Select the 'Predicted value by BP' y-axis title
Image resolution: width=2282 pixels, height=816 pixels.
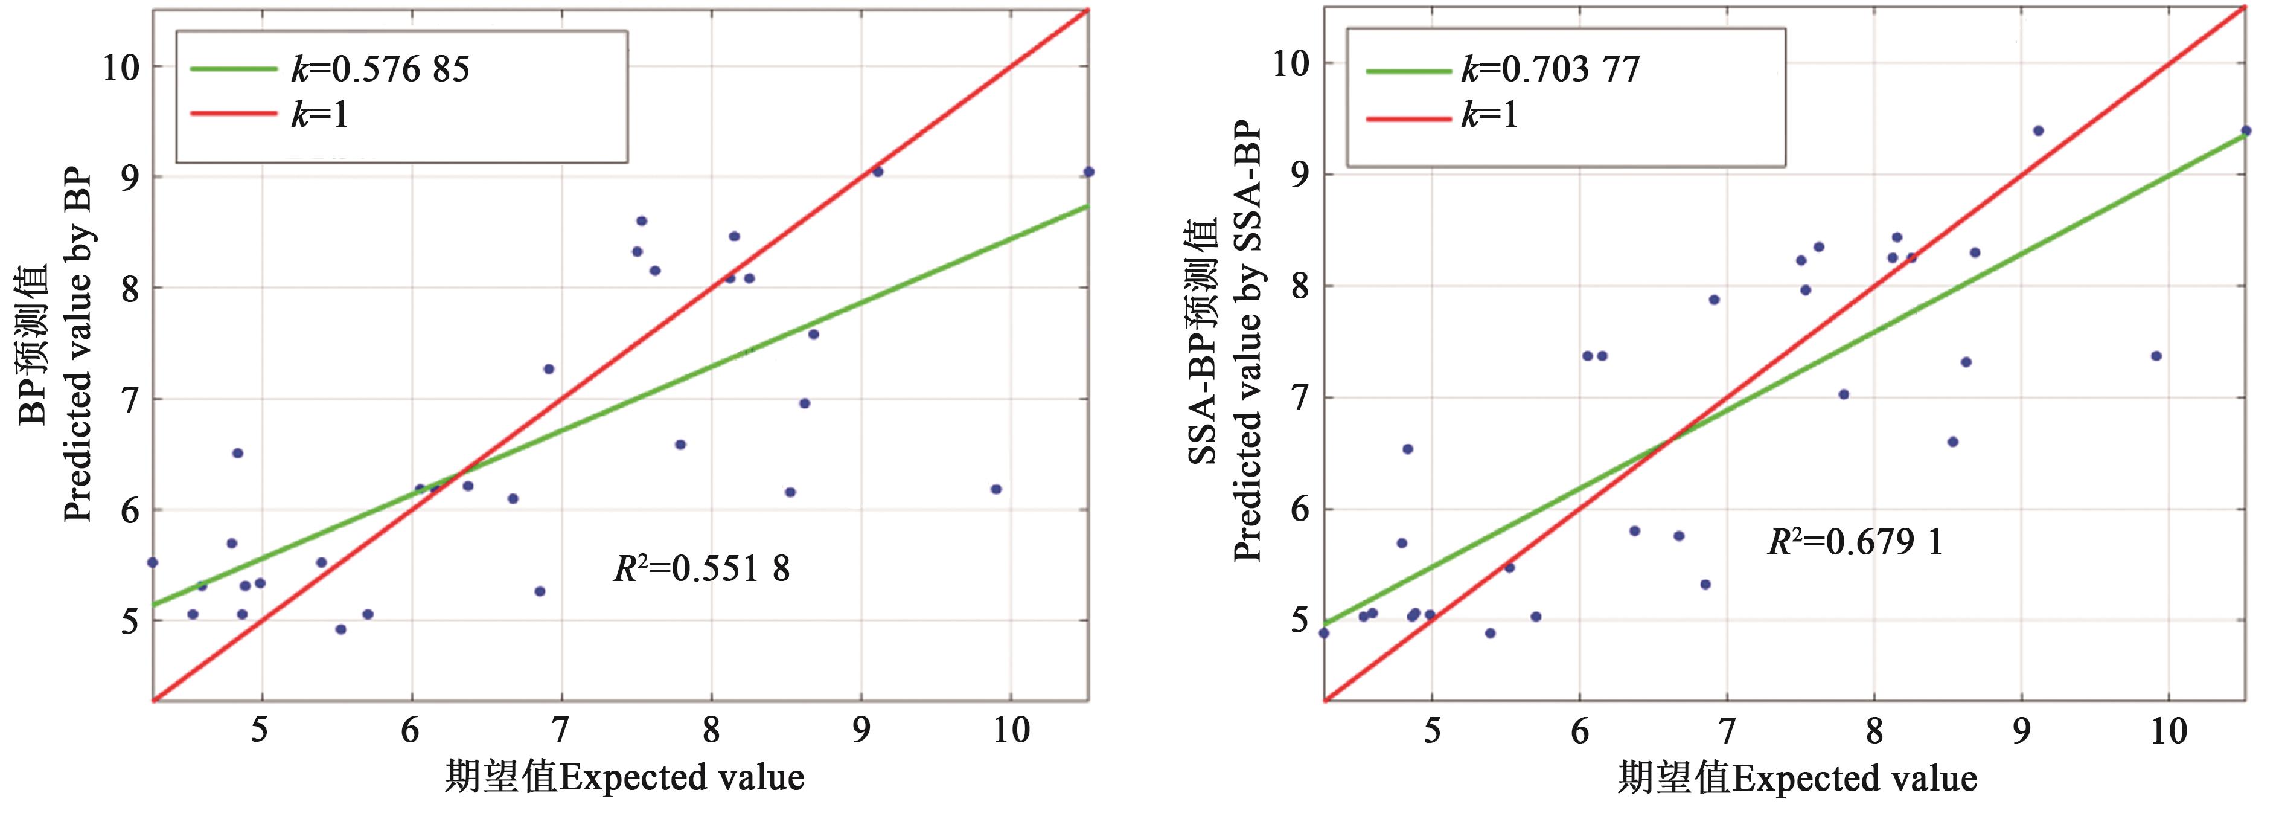(77, 345)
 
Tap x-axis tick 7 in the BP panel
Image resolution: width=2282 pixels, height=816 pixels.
(560, 731)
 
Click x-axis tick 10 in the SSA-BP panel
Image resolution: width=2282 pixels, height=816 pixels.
(2169, 731)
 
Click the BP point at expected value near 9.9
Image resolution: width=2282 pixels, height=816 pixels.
(996, 489)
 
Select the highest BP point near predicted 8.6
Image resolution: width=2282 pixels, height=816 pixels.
(641, 220)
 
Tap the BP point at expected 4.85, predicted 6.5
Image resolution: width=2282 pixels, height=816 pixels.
(237, 453)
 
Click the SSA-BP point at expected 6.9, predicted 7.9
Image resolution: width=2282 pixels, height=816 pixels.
(1714, 300)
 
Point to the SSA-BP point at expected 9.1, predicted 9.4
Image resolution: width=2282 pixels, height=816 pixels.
(2038, 130)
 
